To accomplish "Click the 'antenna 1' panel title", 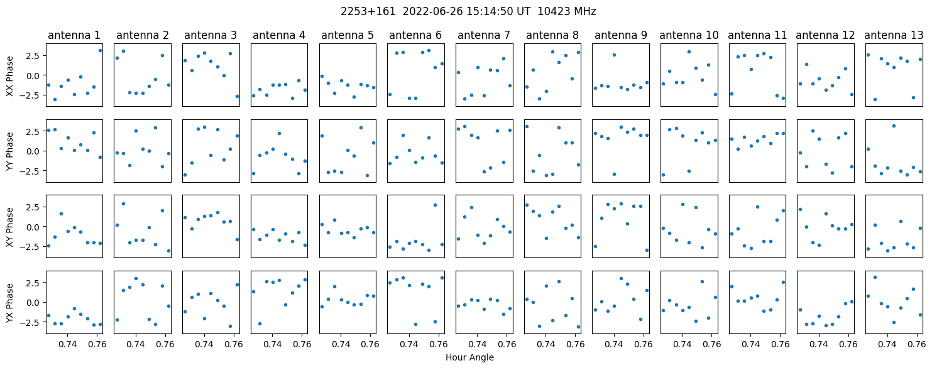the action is [74, 35].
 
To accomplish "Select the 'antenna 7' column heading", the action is [484, 35].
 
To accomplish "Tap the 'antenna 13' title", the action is [894, 35].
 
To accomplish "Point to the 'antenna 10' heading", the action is [689, 35].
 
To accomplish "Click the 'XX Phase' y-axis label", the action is [10, 76].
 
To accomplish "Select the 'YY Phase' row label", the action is [10, 151].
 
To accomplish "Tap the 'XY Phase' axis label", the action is [10, 227].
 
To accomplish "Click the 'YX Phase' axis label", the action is [10, 303].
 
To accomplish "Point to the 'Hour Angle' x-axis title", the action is [469, 357].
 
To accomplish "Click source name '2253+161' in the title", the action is [368, 11].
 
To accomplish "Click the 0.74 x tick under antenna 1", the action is [67, 344].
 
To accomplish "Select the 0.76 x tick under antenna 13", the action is [917, 344].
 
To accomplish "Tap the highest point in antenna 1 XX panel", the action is [101, 51].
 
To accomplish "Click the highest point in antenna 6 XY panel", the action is [435, 205].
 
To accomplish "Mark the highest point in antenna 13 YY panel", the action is [894, 126].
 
